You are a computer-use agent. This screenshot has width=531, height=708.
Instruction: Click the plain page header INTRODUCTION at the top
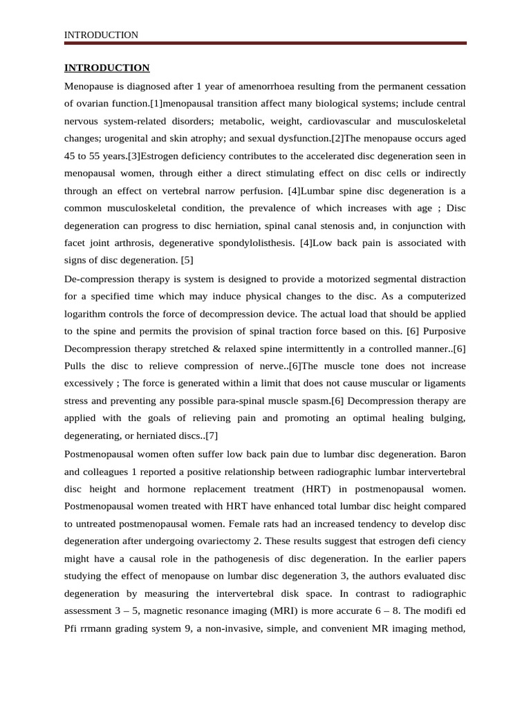tap(101, 35)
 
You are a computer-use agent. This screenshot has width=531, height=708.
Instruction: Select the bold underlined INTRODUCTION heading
tap(106, 68)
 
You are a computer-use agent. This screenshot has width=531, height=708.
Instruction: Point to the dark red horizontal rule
tap(265, 44)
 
